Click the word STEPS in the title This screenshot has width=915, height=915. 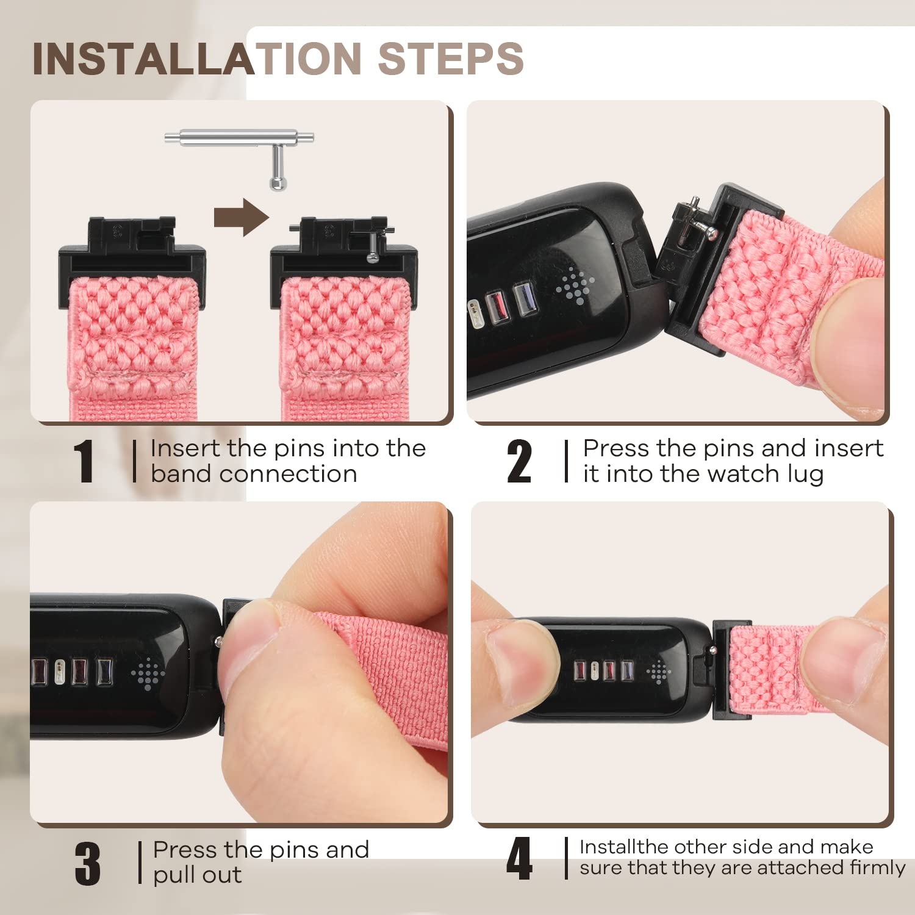tap(451, 59)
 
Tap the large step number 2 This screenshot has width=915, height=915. tap(519, 461)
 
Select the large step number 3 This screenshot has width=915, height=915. tap(88, 863)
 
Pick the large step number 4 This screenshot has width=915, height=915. tap(519, 858)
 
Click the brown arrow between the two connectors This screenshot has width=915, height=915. tap(242, 217)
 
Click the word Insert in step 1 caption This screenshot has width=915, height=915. tap(185, 448)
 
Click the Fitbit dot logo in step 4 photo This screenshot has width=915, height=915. tap(659, 672)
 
